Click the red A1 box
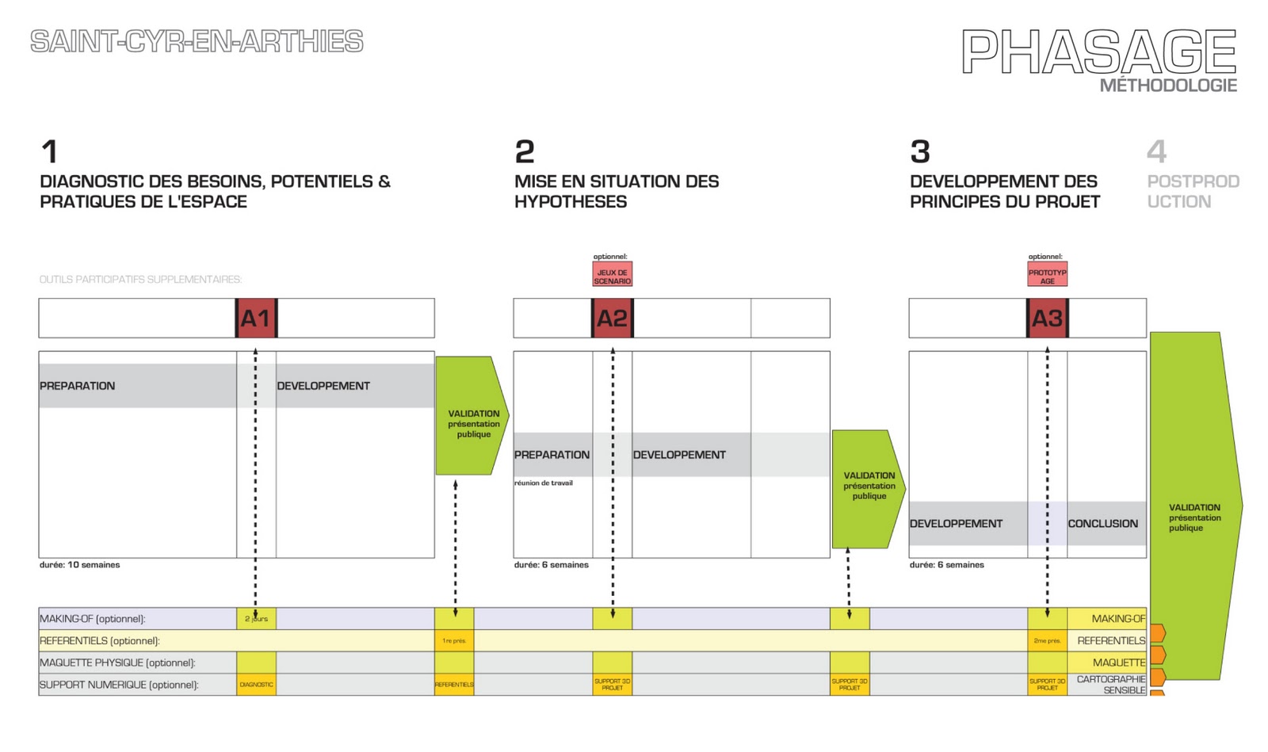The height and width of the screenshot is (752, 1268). (x=256, y=319)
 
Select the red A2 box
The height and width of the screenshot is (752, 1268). (x=612, y=319)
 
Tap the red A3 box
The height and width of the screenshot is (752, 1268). (x=1047, y=319)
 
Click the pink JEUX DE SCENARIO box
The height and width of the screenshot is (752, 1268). (x=612, y=275)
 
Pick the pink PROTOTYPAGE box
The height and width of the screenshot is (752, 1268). (x=1047, y=275)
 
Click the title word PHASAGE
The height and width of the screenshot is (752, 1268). (x=1098, y=52)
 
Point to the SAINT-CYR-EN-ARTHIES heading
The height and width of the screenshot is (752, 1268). (x=197, y=41)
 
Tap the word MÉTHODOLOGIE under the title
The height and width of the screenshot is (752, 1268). (x=1167, y=86)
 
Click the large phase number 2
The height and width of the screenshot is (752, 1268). (x=525, y=151)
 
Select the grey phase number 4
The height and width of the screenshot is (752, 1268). (x=1156, y=151)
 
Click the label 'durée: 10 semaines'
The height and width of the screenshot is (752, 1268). (x=80, y=565)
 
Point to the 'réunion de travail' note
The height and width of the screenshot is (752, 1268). (x=544, y=483)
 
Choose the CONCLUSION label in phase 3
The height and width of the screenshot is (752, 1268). (x=1102, y=524)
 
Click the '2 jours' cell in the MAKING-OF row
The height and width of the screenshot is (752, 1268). (x=256, y=619)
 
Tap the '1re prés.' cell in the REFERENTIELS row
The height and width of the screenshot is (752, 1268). (x=454, y=640)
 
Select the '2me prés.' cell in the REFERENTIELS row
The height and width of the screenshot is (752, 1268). (x=1047, y=640)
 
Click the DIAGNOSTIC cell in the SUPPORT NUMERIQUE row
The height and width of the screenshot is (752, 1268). (x=256, y=685)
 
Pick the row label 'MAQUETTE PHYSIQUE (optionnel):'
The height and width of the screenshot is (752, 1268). (x=117, y=662)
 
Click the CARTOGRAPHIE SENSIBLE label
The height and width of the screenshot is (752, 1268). (x=1111, y=685)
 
